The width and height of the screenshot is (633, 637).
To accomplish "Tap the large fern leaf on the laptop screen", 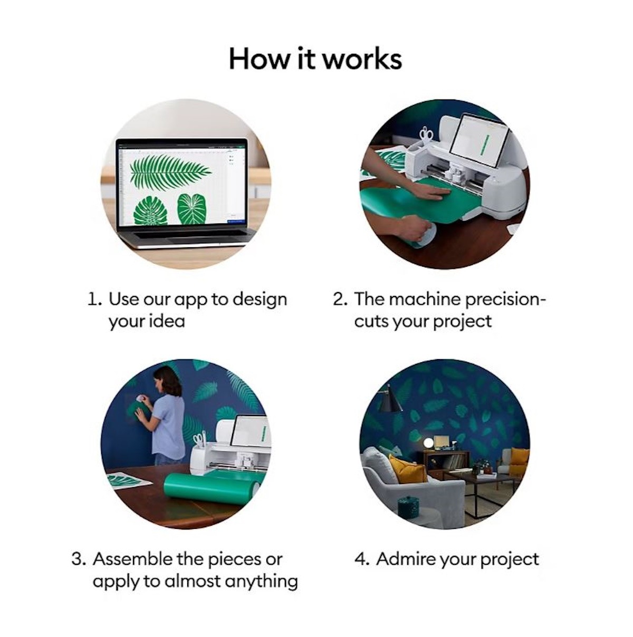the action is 170,170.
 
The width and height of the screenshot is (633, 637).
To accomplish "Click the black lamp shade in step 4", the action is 389,403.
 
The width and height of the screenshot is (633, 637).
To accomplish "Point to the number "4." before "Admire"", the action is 362,559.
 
